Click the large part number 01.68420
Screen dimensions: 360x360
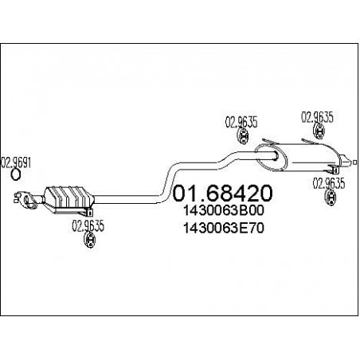[x=222, y=193]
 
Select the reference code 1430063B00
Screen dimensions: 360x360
[x=224, y=211]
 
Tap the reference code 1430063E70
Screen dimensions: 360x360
[x=224, y=228]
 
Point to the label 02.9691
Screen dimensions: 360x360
[x=16, y=162]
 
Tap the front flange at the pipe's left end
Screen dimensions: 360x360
[x=25, y=200]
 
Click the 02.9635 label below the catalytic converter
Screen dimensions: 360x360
[x=88, y=226]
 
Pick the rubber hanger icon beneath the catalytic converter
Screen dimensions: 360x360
[x=90, y=241]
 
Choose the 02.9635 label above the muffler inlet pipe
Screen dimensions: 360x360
[x=241, y=123]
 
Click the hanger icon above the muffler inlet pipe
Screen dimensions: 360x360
[x=243, y=136]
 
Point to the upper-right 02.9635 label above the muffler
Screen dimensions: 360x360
[x=317, y=117]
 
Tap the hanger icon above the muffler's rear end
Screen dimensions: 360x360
[x=319, y=131]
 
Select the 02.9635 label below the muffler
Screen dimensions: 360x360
[x=329, y=183]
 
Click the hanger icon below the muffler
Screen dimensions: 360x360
[x=331, y=198]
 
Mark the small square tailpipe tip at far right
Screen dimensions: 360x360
[x=354, y=162]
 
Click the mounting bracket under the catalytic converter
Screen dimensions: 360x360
[x=84, y=212]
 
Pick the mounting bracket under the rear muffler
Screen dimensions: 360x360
[x=333, y=169]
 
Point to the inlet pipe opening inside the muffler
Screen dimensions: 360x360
[x=276, y=155]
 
